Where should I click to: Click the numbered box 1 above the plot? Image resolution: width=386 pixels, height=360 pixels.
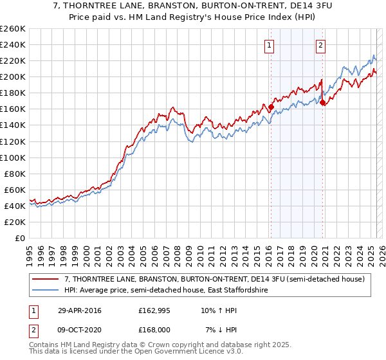[269, 45]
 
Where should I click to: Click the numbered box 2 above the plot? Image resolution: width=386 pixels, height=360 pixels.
[320, 45]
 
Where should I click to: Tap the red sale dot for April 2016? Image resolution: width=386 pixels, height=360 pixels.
[271, 107]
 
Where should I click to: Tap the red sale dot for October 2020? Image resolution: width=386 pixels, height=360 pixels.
[322, 103]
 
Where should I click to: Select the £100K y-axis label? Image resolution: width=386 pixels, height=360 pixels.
[13, 157]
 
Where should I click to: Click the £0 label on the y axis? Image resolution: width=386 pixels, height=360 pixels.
[20, 238]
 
